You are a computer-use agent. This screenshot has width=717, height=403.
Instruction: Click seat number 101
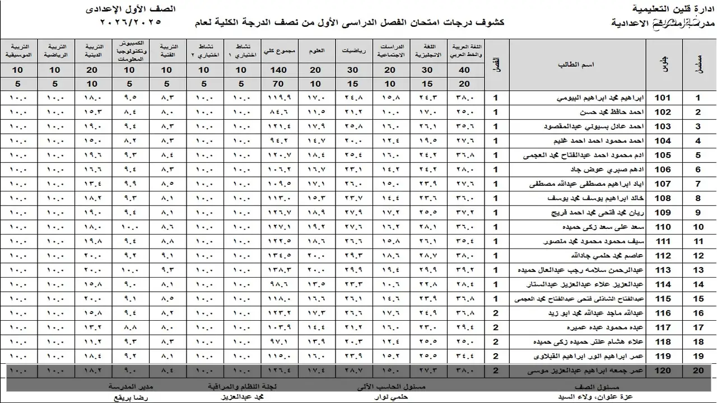663,98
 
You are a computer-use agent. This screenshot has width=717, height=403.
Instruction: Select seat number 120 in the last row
663,371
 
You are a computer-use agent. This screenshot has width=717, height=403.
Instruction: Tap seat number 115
663,299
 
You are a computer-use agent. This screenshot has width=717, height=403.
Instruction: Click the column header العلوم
316,50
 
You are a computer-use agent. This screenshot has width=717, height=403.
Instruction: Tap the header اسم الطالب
576,64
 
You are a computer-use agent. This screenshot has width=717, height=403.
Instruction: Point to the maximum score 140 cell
278,70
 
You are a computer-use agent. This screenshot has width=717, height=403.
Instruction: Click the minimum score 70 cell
278,84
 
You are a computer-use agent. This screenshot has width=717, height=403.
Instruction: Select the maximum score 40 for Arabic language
464,70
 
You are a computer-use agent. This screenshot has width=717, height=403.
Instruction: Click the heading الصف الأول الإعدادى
131,10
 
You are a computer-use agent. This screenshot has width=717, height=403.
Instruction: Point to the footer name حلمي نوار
392,396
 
